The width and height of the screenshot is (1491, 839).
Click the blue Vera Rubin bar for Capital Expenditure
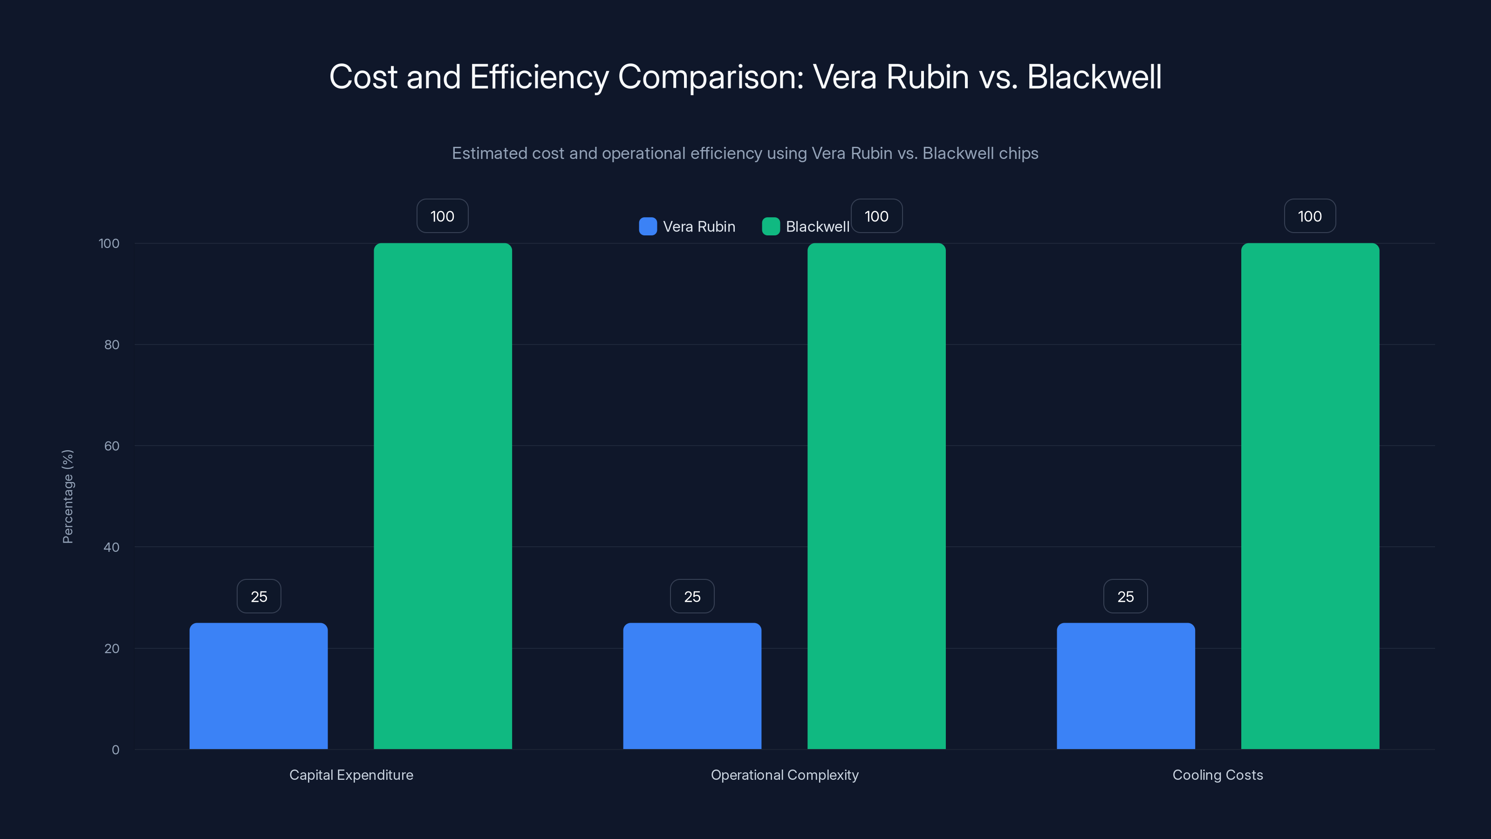pyautogui.click(x=258, y=686)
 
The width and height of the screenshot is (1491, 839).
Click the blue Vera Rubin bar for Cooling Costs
pyautogui.click(x=1125, y=686)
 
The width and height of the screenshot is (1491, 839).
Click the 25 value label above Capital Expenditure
pyautogui.click(x=259, y=597)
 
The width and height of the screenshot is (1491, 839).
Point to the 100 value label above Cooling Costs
pyautogui.click(x=1310, y=216)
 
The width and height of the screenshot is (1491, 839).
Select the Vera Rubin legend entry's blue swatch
pyautogui.click(x=648, y=227)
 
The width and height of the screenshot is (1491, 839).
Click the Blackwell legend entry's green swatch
pyautogui.click(x=770, y=227)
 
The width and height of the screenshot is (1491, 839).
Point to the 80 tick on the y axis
pyautogui.click(x=112, y=344)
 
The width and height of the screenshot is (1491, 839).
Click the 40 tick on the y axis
pyautogui.click(x=112, y=547)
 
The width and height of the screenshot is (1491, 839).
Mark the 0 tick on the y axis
pyautogui.click(x=115, y=750)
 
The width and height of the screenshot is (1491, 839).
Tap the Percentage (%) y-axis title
pyautogui.click(x=68, y=496)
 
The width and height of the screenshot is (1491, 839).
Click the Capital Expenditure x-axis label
pyautogui.click(x=351, y=775)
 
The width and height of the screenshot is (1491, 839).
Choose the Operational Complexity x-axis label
pyautogui.click(x=784, y=775)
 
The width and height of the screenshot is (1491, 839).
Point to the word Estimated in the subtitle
pyautogui.click(x=489, y=153)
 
